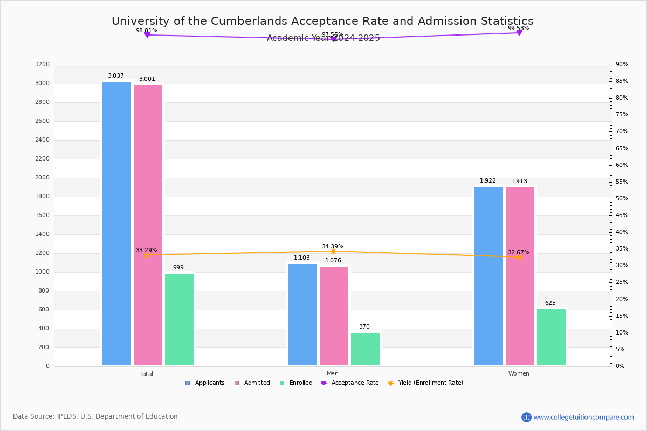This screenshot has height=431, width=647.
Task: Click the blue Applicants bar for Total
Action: click(116, 224)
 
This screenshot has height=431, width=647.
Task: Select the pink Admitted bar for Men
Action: click(334, 316)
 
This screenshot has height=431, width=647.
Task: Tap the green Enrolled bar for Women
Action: click(551, 337)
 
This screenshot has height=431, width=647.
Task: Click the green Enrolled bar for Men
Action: click(365, 349)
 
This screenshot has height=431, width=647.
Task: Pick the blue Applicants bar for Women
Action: click(488, 276)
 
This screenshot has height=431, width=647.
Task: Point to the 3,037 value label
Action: click(116, 76)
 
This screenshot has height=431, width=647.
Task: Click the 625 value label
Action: click(550, 303)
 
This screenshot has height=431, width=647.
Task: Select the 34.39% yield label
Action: click(333, 247)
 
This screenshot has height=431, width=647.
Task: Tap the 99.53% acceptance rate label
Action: click(519, 29)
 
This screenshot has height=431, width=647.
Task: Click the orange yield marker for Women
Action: click(519, 257)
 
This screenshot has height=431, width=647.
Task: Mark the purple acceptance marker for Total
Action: click(147, 35)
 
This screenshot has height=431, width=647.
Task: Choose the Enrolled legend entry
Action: click(296, 383)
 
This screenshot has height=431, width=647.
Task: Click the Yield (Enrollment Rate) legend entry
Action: click(425, 383)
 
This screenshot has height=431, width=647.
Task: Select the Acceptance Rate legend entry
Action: click(350, 383)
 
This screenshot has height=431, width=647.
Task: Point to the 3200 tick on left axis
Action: click(42, 65)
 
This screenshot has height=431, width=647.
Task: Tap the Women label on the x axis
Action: click(519, 374)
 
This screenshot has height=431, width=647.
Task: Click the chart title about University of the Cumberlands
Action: click(322, 21)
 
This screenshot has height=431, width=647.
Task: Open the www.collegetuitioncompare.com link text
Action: click(583, 417)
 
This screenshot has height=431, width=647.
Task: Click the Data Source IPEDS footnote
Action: click(95, 416)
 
